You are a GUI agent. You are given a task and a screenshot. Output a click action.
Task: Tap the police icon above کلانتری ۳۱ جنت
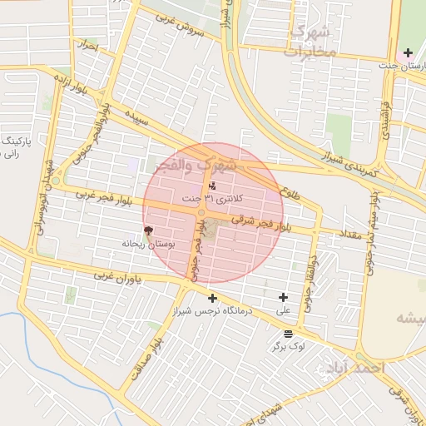pyautogui.click(x=213, y=186)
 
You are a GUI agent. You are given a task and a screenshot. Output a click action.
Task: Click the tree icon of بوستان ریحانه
pyautogui.click(x=149, y=231)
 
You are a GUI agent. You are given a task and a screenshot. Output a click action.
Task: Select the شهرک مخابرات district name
pyautogui.click(x=314, y=42)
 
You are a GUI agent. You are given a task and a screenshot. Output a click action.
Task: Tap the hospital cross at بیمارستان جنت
pyautogui.click(x=408, y=52)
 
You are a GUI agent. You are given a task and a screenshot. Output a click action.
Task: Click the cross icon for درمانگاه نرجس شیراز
pyautogui.click(x=213, y=298)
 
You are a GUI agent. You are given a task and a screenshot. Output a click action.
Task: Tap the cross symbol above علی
pyautogui.click(x=284, y=297)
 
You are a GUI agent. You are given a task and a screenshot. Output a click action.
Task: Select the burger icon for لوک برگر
pyautogui.click(x=288, y=333)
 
